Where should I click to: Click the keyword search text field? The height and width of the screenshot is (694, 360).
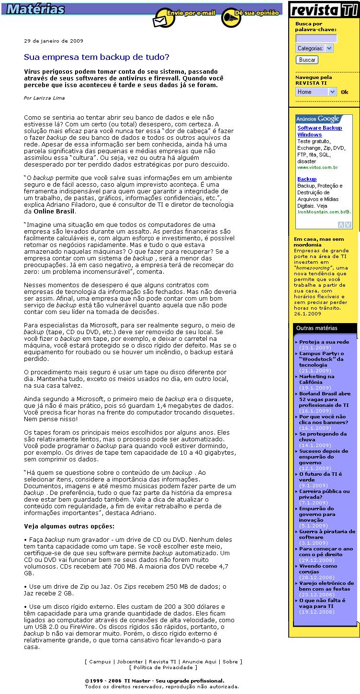[x=316, y=38]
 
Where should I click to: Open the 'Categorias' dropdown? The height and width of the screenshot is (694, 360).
[x=314, y=48]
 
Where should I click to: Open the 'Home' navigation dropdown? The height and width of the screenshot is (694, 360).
[x=315, y=92]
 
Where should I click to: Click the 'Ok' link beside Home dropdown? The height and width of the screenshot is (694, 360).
[x=345, y=92]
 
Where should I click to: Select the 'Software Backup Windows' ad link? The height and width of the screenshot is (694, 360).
[x=319, y=131]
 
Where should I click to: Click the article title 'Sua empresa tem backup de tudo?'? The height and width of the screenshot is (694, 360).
[x=97, y=57]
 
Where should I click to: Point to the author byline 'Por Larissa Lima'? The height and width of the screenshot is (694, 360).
[x=44, y=98]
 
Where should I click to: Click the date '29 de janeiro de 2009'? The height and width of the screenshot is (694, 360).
[x=54, y=41]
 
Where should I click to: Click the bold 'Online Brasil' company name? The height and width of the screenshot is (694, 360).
[x=54, y=211]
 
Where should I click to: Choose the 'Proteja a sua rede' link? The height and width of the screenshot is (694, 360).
[x=324, y=342]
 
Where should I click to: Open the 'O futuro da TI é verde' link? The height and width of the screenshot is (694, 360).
[x=320, y=477]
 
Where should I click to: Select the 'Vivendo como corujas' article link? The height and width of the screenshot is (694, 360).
[x=318, y=569]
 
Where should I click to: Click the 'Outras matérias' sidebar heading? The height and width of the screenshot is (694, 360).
[x=317, y=328]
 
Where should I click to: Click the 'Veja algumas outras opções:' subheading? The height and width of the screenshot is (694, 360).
[x=69, y=526]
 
